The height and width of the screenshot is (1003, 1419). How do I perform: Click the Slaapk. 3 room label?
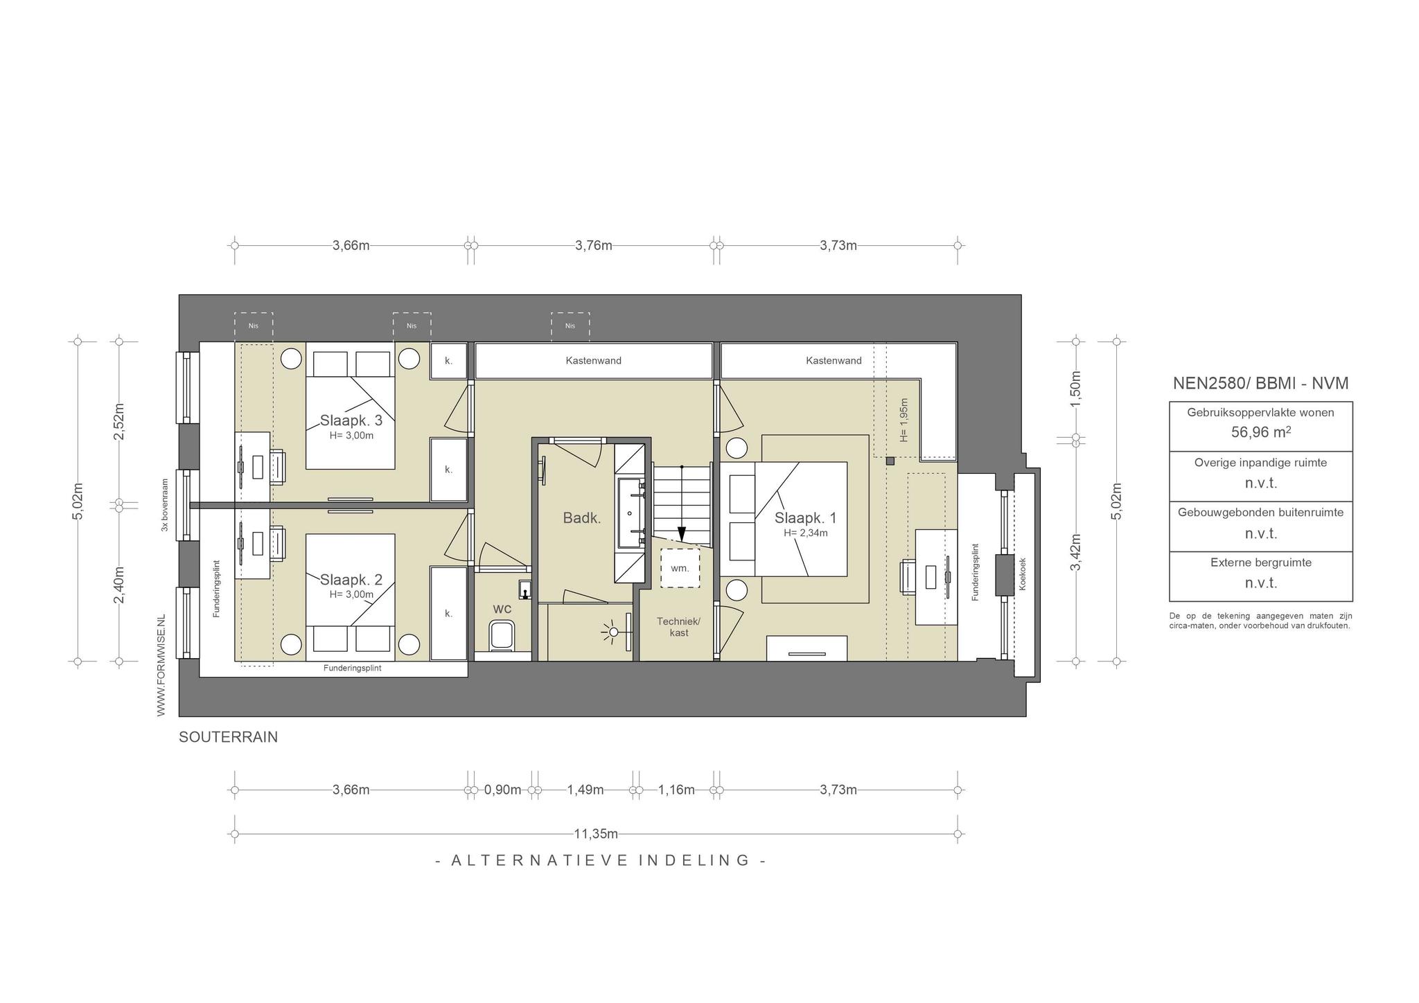(351, 420)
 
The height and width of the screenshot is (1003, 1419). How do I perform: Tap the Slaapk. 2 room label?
(351, 580)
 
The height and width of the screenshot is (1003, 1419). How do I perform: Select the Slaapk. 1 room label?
(805, 518)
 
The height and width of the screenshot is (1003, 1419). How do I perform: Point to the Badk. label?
(582, 517)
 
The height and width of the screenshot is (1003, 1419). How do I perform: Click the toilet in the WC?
(502, 634)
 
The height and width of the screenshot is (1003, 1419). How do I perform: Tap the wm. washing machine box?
(680, 568)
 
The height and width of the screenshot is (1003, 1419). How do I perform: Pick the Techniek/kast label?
(679, 627)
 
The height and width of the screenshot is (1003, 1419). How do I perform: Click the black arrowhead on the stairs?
(682, 533)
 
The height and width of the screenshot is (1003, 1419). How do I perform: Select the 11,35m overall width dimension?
(596, 834)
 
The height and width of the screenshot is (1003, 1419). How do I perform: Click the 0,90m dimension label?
(502, 790)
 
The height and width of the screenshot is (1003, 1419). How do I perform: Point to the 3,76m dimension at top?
(594, 245)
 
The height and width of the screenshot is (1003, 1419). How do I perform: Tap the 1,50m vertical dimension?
(1075, 389)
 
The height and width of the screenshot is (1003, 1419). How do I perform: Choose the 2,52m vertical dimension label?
(119, 421)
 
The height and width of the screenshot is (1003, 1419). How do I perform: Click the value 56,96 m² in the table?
(1260, 432)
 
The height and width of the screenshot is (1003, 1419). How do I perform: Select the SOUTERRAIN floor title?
(229, 737)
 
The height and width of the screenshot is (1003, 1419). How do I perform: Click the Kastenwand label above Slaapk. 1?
(834, 360)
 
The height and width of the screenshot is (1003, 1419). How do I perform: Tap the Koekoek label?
(1023, 574)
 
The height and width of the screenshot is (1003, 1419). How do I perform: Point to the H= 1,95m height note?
(904, 420)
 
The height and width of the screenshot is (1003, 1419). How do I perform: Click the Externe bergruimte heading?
(1261, 562)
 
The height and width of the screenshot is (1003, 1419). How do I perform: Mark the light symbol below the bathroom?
(611, 632)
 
